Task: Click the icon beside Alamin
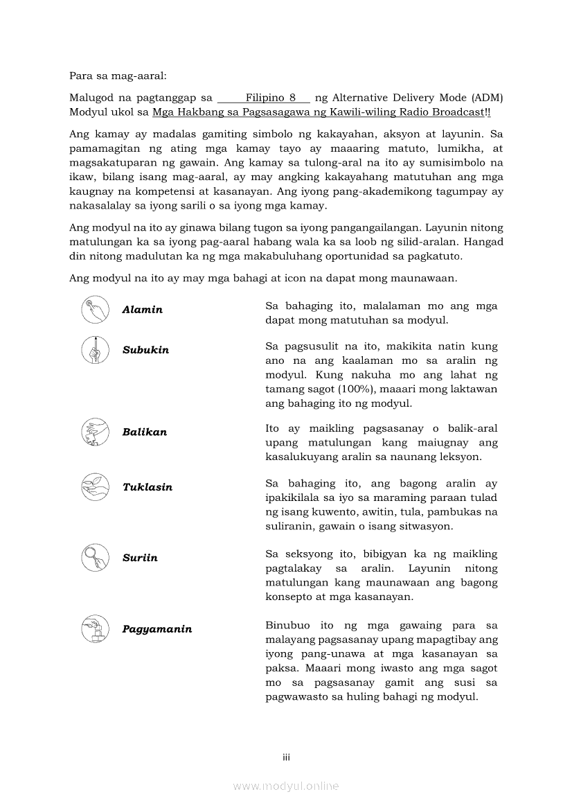(94, 310)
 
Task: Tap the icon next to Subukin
(94, 349)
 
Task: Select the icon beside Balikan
(94, 432)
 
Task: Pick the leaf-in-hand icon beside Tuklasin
(94, 486)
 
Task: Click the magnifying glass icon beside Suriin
(94, 557)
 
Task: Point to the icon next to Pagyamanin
(94, 628)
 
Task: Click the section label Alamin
(143, 310)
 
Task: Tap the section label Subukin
(145, 350)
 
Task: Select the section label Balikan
(145, 432)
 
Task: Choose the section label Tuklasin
(148, 487)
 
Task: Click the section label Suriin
(140, 558)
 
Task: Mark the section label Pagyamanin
(157, 629)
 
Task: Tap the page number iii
(286, 757)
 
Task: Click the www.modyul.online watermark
(286, 786)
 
